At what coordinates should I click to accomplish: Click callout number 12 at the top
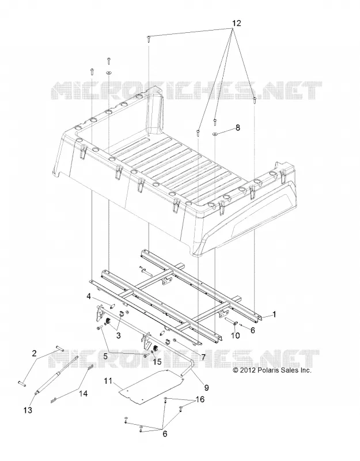[x=237, y=23]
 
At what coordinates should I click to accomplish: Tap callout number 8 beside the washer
[x=238, y=127]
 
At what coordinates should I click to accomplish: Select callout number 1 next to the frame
[x=274, y=315]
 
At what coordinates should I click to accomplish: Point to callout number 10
[x=236, y=335]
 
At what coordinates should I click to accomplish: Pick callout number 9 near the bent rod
[x=206, y=388]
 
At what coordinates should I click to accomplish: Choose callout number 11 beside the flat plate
[x=108, y=381]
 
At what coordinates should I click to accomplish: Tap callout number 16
[x=200, y=399]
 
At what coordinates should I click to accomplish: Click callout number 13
[x=28, y=410]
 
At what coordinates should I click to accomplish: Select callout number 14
[x=84, y=394]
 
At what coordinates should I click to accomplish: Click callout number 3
[x=119, y=335]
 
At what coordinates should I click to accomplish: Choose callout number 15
[x=157, y=361]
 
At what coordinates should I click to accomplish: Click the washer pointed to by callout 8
[x=215, y=134]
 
